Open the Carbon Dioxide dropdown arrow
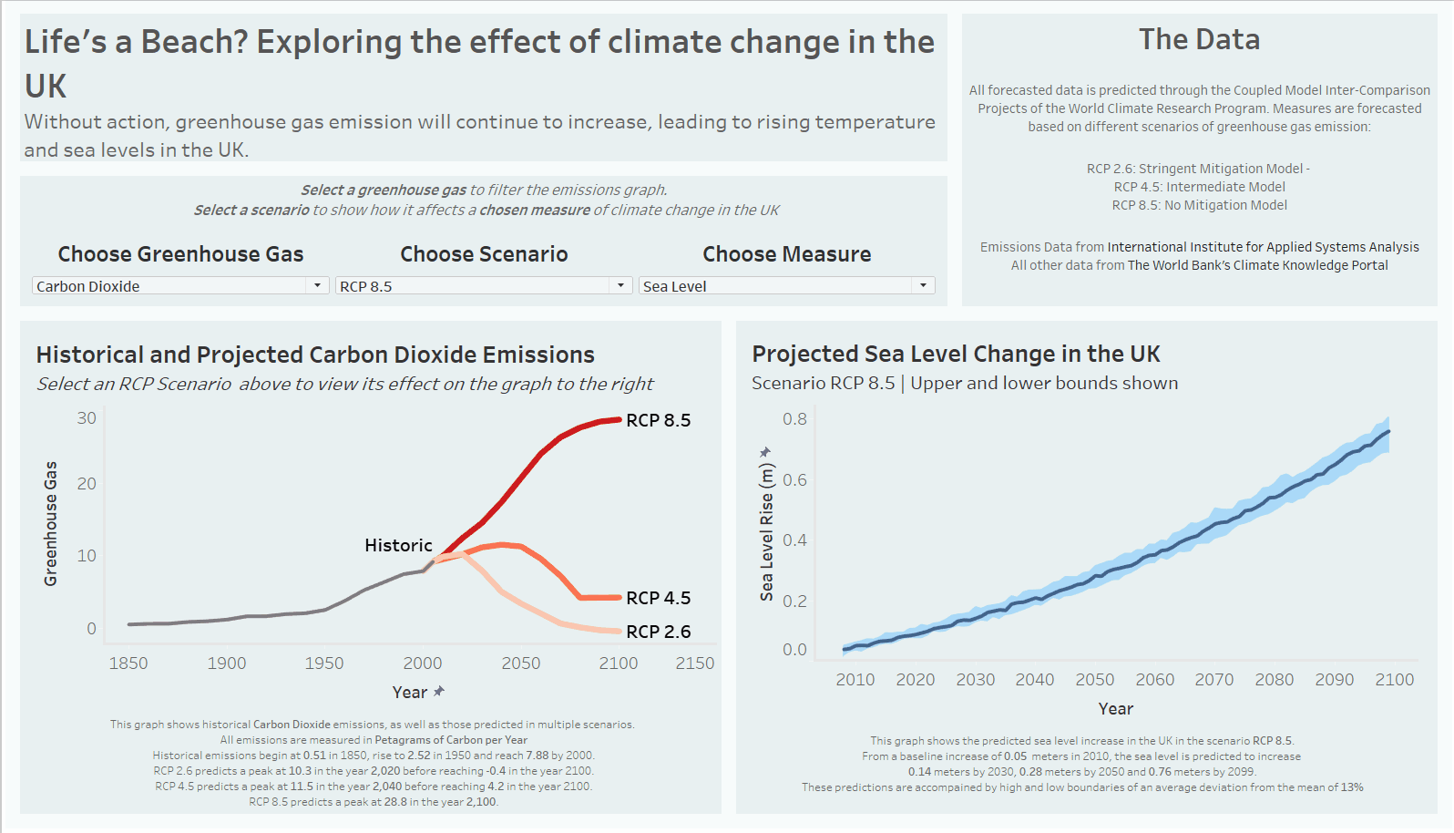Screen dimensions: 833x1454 click(317, 285)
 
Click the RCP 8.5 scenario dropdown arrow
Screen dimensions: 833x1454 click(620, 285)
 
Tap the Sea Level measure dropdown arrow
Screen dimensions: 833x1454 click(923, 285)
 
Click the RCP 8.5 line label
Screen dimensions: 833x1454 click(658, 420)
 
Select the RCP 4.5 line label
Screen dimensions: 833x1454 click(658, 598)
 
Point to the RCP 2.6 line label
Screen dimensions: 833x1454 click(658, 632)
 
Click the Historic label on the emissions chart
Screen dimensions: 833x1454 click(398, 545)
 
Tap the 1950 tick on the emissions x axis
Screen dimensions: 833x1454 click(324, 663)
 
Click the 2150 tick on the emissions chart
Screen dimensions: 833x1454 click(694, 663)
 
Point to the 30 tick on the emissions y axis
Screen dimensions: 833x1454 click(87, 418)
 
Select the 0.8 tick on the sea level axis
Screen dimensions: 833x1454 click(794, 419)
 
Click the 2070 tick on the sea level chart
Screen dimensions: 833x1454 click(1213, 680)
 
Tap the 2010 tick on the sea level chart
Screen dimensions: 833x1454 click(855, 680)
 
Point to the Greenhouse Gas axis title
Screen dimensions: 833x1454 click(51, 523)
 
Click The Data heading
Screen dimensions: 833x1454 click(1199, 39)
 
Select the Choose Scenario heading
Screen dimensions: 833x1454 click(484, 254)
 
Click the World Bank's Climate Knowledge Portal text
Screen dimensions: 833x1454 click(1257, 265)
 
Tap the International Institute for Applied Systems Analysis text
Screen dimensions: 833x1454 click(1263, 247)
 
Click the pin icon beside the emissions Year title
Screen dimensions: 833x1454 click(439, 692)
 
